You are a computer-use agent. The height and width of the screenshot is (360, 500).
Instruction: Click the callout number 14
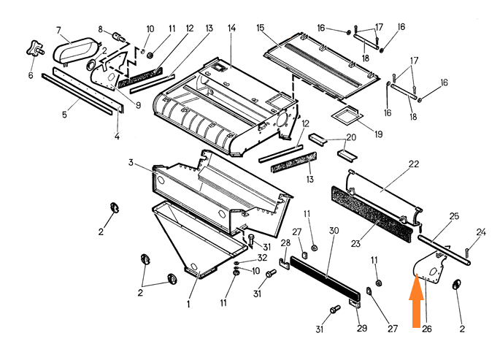[231, 28]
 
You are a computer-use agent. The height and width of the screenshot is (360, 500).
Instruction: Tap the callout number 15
[260, 28]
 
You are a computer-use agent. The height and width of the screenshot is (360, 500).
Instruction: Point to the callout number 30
[334, 231]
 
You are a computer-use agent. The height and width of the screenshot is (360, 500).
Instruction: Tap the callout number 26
[427, 329]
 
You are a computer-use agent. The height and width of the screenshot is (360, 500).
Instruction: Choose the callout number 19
[379, 134]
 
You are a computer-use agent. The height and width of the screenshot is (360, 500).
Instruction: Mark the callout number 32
[261, 258]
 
